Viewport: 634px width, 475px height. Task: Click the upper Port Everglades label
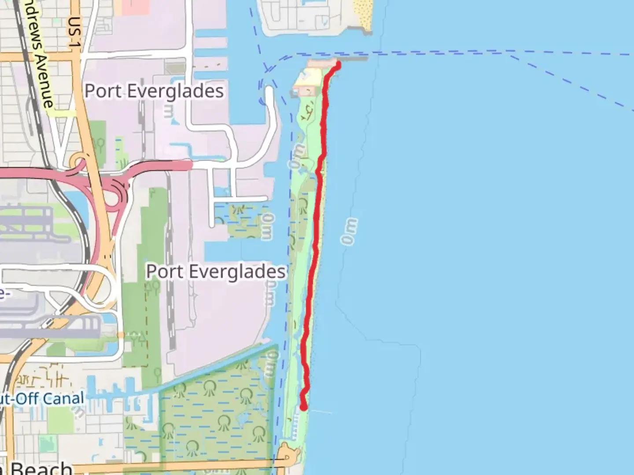(154, 91)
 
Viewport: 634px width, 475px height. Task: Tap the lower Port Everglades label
(216, 271)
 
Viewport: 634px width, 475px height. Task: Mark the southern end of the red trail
(303, 407)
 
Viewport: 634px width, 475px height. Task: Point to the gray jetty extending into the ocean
(352, 58)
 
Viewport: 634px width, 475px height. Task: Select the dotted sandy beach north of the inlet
(363, 15)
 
